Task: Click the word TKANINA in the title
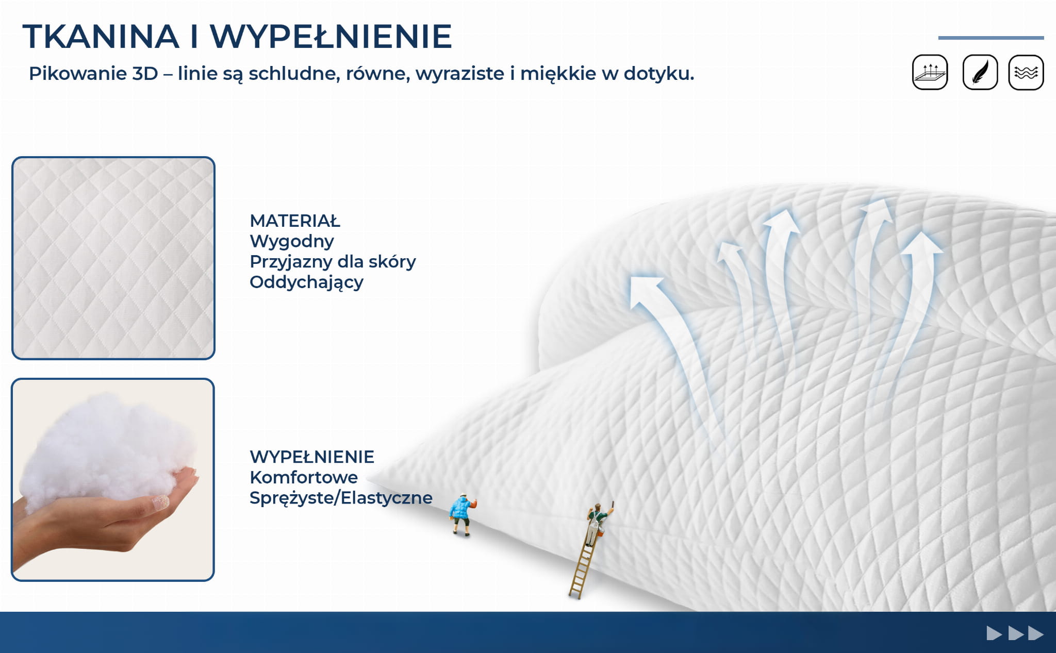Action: pos(101,37)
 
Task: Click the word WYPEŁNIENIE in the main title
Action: pos(331,37)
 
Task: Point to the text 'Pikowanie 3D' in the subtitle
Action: pos(93,74)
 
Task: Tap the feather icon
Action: pos(980,72)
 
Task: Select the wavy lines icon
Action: pos(1026,72)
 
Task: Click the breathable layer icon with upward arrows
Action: pos(930,72)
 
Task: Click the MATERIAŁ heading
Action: pos(295,221)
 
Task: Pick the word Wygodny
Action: pos(292,242)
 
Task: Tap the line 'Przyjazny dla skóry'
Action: pos(333,262)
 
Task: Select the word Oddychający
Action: pos(306,282)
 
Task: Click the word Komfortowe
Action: pos(304,477)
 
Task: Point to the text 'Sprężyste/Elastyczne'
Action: pos(341,498)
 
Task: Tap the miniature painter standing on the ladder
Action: pos(597,524)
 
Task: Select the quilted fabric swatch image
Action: pos(113,258)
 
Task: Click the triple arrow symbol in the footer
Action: pos(1015,633)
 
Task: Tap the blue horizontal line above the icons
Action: pos(991,38)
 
